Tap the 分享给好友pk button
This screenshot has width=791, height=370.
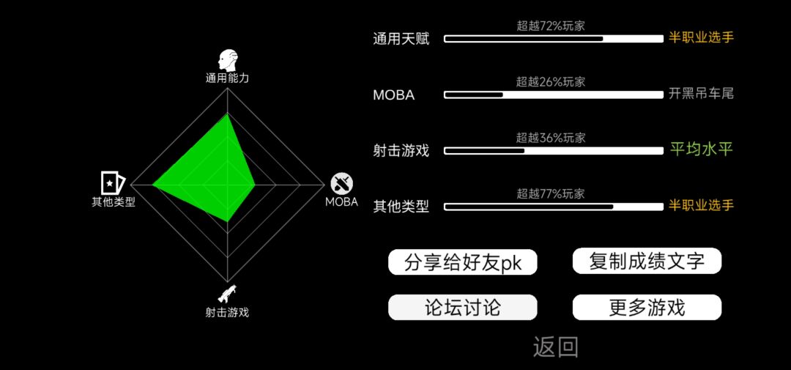click(x=463, y=262)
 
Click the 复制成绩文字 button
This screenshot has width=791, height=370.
click(x=647, y=261)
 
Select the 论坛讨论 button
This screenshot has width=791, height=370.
click(x=463, y=308)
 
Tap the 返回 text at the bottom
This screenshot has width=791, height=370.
click(x=555, y=347)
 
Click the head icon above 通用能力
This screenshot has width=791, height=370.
click(x=227, y=60)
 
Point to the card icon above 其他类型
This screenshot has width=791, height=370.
click(x=112, y=182)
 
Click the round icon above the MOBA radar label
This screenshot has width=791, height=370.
click(x=341, y=184)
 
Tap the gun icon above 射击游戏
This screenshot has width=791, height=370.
click(x=227, y=294)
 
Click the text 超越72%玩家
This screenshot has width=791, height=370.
click(x=550, y=26)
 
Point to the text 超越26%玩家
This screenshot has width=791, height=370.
click(x=550, y=82)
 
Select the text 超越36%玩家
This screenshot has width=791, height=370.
click(x=550, y=138)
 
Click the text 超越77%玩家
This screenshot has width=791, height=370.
click(x=550, y=194)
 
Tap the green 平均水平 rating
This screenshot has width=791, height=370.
click(x=701, y=149)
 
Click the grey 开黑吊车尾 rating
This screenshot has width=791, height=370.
click(x=701, y=93)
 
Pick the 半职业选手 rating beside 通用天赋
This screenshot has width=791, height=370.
click(x=701, y=37)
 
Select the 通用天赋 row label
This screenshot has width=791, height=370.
click(x=401, y=39)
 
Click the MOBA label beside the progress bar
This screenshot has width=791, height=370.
click(x=394, y=95)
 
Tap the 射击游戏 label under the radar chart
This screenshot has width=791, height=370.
click(x=227, y=312)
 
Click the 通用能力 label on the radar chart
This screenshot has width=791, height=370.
click(x=227, y=78)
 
